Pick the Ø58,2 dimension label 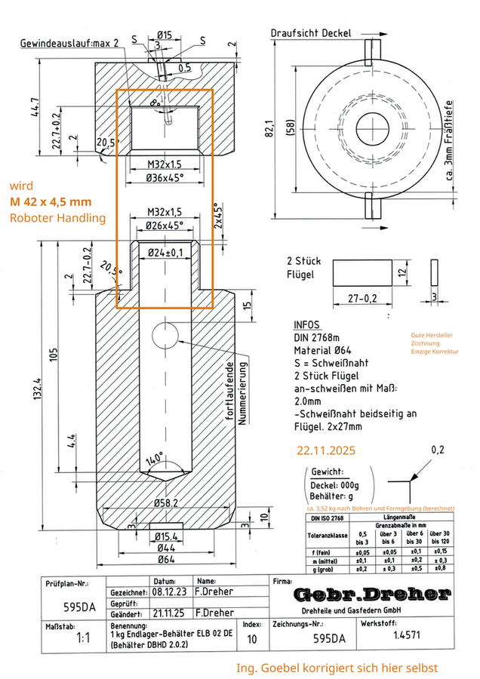[165, 502]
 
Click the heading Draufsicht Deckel [310, 33]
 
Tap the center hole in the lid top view [371, 124]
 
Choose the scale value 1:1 [84, 638]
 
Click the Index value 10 [251, 639]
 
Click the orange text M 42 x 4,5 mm [51, 201]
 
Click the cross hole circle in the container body [165, 333]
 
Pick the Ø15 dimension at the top [165, 34]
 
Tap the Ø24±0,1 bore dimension [165, 252]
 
